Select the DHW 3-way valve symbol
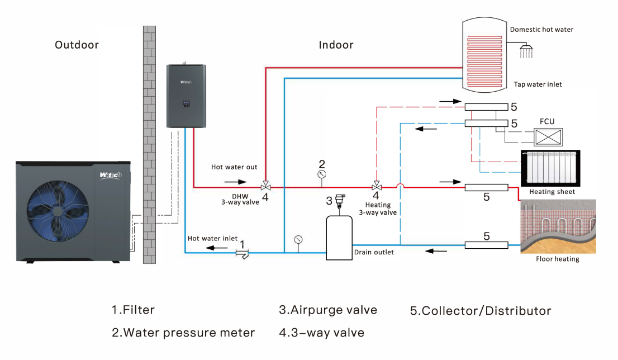click(x=266, y=186)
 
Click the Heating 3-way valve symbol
click(x=377, y=186)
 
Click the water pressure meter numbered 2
click(x=322, y=174)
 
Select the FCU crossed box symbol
click(x=548, y=136)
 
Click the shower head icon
click(x=526, y=51)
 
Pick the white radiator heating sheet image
click(x=548, y=168)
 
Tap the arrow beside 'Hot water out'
click(x=235, y=182)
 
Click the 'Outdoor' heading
click(x=77, y=45)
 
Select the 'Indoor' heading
click(x=336, y=45)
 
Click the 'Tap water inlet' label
click(x=538, y=84)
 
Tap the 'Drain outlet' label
click(x=374, y=252)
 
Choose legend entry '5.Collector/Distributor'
click(x=481, y=311)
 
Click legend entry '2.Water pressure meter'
click(x=183, y=333)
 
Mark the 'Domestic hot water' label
click(x=541, y=30)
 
